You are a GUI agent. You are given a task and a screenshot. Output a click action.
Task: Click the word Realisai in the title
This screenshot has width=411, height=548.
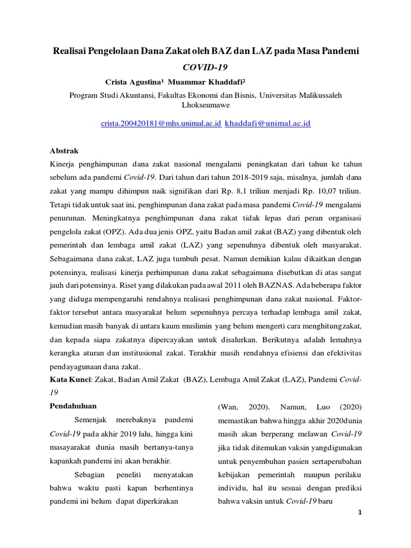72,52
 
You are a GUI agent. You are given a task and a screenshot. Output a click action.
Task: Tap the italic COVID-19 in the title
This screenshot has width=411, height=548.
205,68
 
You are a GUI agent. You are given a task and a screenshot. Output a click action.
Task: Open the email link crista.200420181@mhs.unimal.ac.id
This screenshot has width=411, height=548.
161,123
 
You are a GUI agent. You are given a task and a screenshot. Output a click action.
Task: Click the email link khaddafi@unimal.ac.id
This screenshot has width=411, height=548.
268,123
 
